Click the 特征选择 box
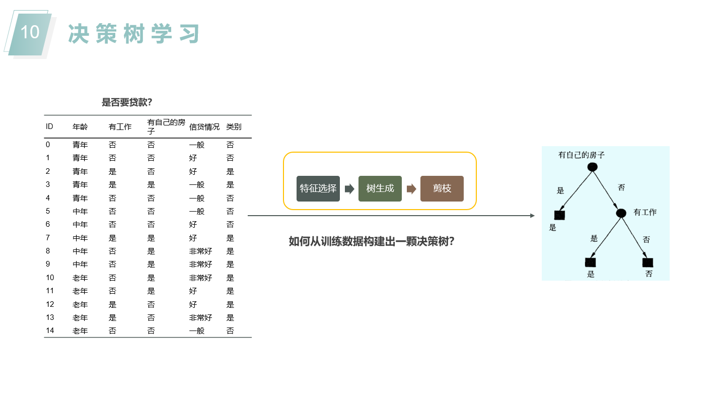click(x=318, y=188)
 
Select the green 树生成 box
click(x=380, y=188)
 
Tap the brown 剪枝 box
click(x=442, y=188)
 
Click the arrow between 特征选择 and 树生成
click(x=349, y=189)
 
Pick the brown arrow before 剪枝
click(x=411, y=189)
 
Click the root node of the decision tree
click(x=593, y=167)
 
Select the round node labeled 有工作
click(x=621, y=213)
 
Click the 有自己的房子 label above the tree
click(x=582, y=155)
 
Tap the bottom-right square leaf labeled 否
click(x=647, y=262)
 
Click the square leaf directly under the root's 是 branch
click(x=559, y=215)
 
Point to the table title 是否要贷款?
click(x=127, y=102)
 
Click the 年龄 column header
click(x=80, y=127)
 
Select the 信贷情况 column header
click(x=204, y=127)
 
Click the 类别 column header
click(x=234, y=127)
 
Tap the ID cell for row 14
click(x=50, y=331)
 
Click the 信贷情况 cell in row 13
click(x=200, y=317)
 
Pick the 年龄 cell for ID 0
click(x=80, y=145)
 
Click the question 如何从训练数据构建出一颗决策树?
click(x=372, y=241)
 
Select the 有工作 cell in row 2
click(x=112, y=171)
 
